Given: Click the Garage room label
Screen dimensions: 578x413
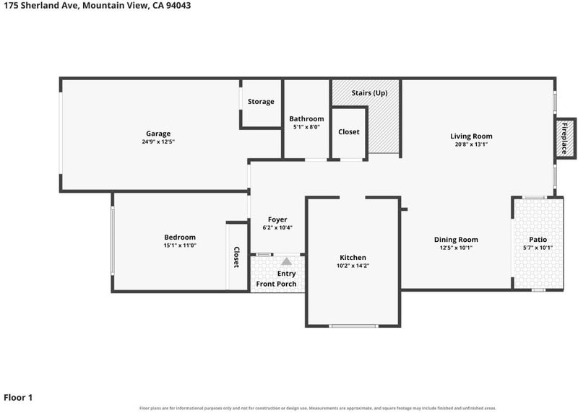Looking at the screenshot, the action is coord(158,134).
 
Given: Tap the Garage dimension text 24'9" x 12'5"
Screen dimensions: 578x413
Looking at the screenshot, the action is coord(158,142).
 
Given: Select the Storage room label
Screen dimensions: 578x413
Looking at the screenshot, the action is coord(261,102).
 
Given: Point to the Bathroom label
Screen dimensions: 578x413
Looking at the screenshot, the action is coord(306,118).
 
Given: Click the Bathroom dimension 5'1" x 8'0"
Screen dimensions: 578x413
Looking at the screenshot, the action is coord(306,127).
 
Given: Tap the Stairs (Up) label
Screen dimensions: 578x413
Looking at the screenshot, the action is coord(369,93).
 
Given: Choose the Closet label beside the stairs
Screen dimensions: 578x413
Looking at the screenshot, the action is coord(349,132).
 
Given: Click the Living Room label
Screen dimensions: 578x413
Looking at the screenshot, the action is coord(471,136).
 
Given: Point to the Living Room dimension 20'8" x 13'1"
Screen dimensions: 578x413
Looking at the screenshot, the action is coord(471,144).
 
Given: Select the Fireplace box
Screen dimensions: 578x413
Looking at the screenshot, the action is coord(566,139).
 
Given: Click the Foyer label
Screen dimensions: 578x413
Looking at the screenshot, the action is coord(277,220).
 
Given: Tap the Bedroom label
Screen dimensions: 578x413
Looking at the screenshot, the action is coord(180,238).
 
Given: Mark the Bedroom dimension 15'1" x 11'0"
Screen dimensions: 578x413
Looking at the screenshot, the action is coord(180,245).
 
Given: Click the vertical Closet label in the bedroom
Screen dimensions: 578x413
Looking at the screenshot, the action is coord(236,257).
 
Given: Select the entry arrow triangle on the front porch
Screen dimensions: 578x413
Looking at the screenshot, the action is coord(286,261).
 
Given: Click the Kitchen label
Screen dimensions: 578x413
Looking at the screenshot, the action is coord(353,258).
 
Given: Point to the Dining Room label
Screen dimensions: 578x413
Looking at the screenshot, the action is coord(456,240).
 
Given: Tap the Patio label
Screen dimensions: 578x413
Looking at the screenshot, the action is coord(538,240).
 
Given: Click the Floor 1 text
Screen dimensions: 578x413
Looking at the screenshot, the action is coord(18,398).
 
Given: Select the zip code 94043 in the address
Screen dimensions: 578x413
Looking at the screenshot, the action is coord(178,5).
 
